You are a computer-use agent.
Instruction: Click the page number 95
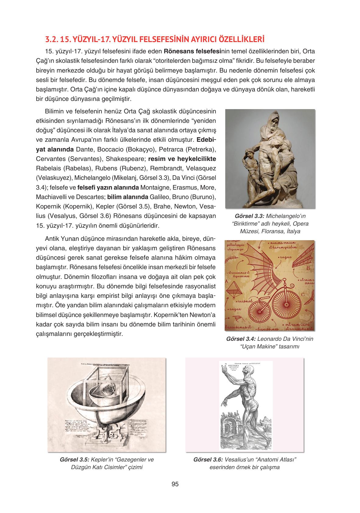[x=175, y=484]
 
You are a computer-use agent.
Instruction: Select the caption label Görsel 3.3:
[x=247, y=216]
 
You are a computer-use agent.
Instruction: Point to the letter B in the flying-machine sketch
[x=308, y=268]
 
